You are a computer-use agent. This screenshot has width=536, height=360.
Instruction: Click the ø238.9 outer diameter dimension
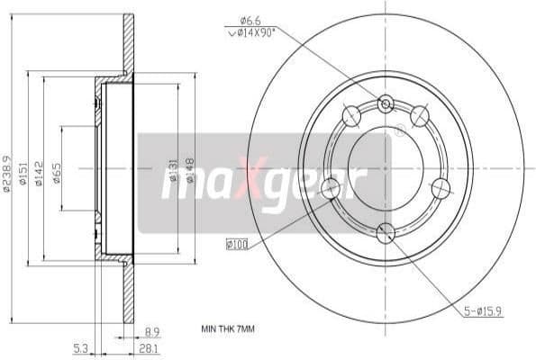tap(8, 172)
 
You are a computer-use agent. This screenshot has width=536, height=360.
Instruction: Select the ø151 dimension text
tap(23, 172)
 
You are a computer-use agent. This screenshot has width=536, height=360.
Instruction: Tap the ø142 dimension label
tap(39, 172)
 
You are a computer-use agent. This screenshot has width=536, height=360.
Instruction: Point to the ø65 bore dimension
tap(56, 172)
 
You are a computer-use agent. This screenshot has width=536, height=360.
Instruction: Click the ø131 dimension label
tap(172, 171)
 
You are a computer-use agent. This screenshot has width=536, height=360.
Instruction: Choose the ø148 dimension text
tap(190, 171)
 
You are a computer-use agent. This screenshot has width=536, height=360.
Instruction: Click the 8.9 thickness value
tap(152, 330)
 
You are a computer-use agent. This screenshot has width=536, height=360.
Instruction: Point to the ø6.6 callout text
tap(250, 20)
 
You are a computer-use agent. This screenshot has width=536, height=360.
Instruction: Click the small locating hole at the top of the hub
tap(386, 104)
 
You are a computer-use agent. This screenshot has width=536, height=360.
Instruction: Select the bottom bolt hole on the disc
tap(386, 233)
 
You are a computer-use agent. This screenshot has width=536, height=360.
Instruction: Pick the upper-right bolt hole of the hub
tap(419, 116)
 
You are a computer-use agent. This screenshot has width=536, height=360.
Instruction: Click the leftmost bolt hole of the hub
tap(331, 187)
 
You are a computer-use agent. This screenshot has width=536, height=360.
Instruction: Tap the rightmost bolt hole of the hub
tap(441, 187)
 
